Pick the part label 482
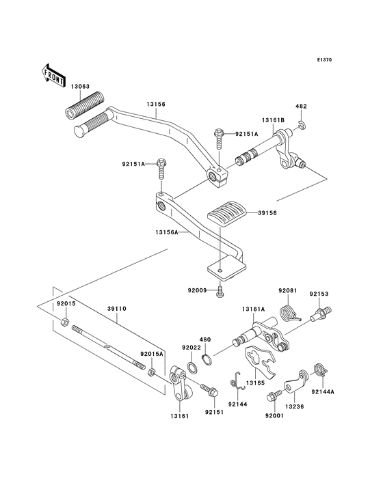coord(301,107)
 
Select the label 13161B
coord(274,120)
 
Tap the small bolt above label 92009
coord(220,293)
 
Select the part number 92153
coord(318,295)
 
